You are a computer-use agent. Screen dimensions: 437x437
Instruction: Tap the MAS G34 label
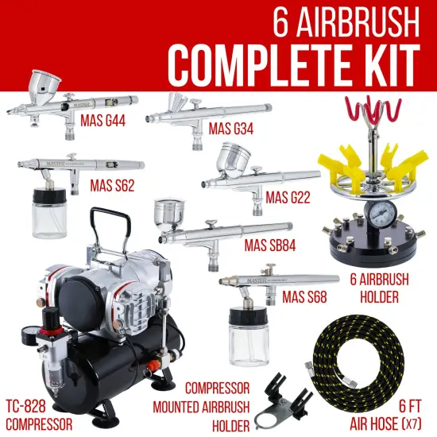tap(231, 129)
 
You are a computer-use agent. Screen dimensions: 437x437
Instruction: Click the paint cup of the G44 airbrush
tap(42, 83)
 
